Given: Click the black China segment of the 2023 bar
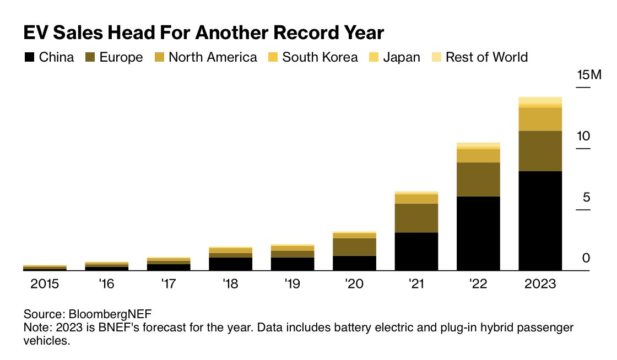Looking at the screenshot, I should pos(540,221).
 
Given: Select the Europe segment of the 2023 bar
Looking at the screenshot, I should pos(540,151).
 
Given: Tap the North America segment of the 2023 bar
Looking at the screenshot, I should pos(540,119).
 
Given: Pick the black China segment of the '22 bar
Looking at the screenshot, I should pos(478,233).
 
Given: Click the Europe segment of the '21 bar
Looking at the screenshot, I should pos(416,218).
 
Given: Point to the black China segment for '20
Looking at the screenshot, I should pos(354,263).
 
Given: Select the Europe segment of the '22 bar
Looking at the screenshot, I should pos(478,179).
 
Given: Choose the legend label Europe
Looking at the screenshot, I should pos(121,57).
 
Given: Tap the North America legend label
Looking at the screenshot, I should pos(213,57).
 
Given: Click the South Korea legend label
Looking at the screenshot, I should pos(320,57).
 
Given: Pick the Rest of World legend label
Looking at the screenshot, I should pos(486,57).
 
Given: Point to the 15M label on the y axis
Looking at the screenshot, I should pos(589,75).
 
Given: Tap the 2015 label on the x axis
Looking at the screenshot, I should pos(45,285).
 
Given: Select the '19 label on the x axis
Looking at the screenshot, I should pos(293,285).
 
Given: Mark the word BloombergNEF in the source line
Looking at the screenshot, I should pos(110,314).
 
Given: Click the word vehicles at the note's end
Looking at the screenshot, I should pos(47,340).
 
